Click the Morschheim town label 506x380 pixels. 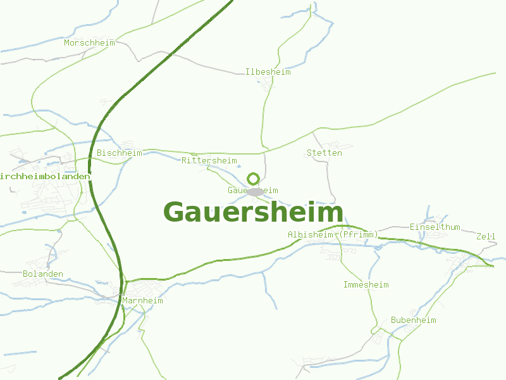(x=89, y=43)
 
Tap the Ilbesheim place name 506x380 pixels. (x=268, y=72)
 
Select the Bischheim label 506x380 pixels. (x=119, y=153)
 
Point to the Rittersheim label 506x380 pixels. (x=209, y=161)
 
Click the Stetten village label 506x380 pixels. (x=324, y=153)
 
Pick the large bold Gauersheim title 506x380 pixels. (x=253, y=212)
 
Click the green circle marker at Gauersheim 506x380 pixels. (x=253, y=179)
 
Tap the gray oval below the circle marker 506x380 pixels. (x=255, y=191)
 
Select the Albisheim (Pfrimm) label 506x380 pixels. (x=333, y=235)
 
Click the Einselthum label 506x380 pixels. (x=435, y=227)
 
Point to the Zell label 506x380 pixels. (x=486, y=236)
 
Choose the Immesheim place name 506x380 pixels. (x=366, y=285)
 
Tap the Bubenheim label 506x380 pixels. (x=413, y=320)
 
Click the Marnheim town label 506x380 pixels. (x=142, y=301)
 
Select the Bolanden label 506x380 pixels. (x=43, y=274)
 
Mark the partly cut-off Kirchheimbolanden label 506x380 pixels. (x=44, y=176)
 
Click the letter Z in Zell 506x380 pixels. (x=479, y=236)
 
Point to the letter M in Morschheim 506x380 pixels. (x=66, y=43)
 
